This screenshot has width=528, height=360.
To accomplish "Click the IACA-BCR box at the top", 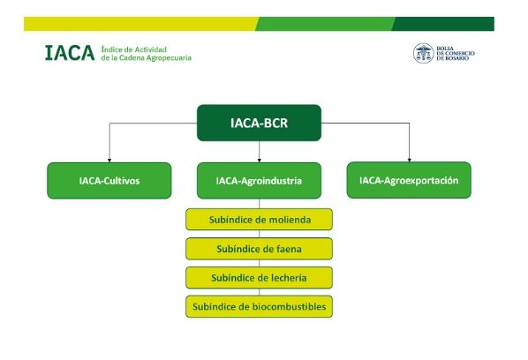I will tap(259, 123).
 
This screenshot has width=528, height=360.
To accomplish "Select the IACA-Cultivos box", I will tap(109, 180).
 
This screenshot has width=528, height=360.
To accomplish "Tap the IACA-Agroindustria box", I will tap(259, 180).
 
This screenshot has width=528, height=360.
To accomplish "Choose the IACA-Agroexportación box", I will tap(409, 180).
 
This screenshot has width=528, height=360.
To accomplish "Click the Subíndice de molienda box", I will tap(259, 219).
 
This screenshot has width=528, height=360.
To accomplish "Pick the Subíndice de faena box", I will tap(259, 248).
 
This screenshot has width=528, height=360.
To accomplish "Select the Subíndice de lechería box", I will tap(259, 277).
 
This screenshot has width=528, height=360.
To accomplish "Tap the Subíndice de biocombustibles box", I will tap(259, 306).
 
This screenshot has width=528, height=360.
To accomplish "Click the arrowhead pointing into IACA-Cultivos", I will tap(109, 159).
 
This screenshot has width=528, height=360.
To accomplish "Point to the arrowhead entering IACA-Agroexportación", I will tap(409, 159).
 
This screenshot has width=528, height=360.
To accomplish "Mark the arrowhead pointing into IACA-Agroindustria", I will tap(259, 159).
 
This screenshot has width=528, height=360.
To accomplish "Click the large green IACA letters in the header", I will tap(68, 54).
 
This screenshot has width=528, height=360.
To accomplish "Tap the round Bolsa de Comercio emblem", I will tap(424, 53).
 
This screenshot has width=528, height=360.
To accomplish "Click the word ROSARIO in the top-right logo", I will tap(457, 59).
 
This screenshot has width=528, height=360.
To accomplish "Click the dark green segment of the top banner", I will tap(441, 23).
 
